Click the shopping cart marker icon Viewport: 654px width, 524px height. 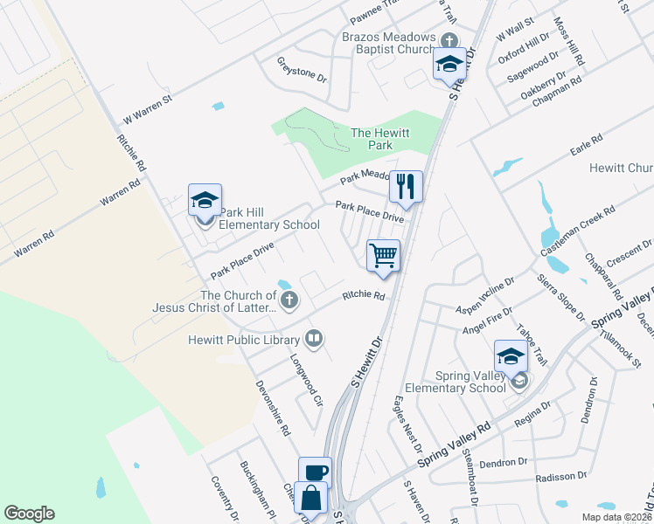click(383, 256)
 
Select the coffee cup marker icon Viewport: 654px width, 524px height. click(316, 472)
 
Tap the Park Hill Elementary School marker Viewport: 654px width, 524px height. click(205, 201)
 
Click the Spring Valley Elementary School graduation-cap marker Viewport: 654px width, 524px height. click(511, 356)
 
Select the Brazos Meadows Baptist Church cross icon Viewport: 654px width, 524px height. click(449, 40)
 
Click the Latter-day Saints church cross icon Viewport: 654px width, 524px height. click(289, 302)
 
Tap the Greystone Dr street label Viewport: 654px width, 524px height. click(302, 70)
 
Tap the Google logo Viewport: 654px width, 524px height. click(29, 514)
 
